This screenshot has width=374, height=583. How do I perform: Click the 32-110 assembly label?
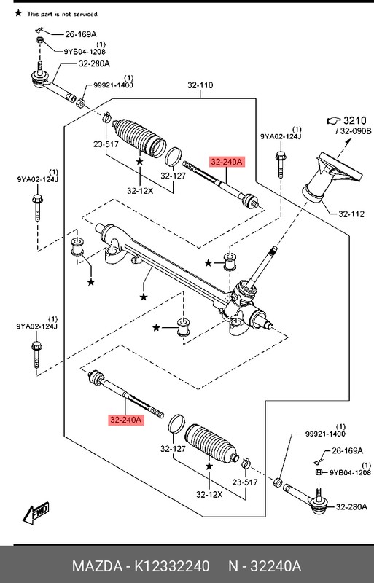(x=200, y=85)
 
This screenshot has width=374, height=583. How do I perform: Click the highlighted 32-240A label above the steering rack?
(x=228, y=163)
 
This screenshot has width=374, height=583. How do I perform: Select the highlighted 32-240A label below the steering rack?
(x=127, y=420)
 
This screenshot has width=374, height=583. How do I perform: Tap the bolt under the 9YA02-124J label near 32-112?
(x=280, y=163)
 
